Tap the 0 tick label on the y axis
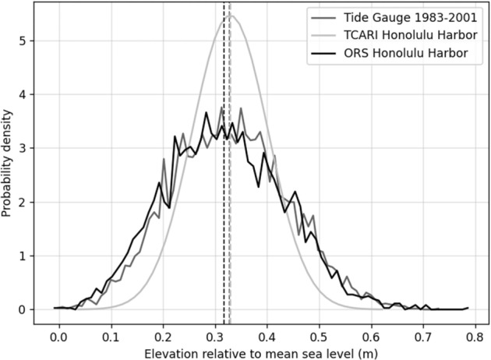[26, 309]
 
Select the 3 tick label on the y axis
[26, 148]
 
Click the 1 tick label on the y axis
[26, 256]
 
